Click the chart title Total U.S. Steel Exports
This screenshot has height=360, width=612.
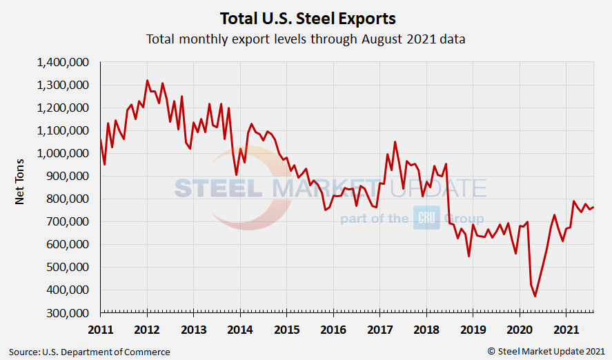307,17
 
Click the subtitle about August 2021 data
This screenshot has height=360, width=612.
306,39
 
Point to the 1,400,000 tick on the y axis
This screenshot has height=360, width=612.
63,63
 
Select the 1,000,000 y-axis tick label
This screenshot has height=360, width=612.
63,154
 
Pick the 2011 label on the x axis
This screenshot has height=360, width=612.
100,328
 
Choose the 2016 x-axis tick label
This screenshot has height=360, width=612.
333,328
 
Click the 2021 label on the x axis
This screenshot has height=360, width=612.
566,328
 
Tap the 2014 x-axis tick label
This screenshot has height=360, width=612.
240,328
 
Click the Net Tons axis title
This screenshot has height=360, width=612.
21,188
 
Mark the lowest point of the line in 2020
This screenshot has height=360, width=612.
535,297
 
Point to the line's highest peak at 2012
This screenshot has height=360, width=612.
147,80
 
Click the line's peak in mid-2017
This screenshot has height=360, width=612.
395,142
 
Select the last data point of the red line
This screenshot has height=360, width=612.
593,207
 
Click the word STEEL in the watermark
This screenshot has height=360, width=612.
217,188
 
